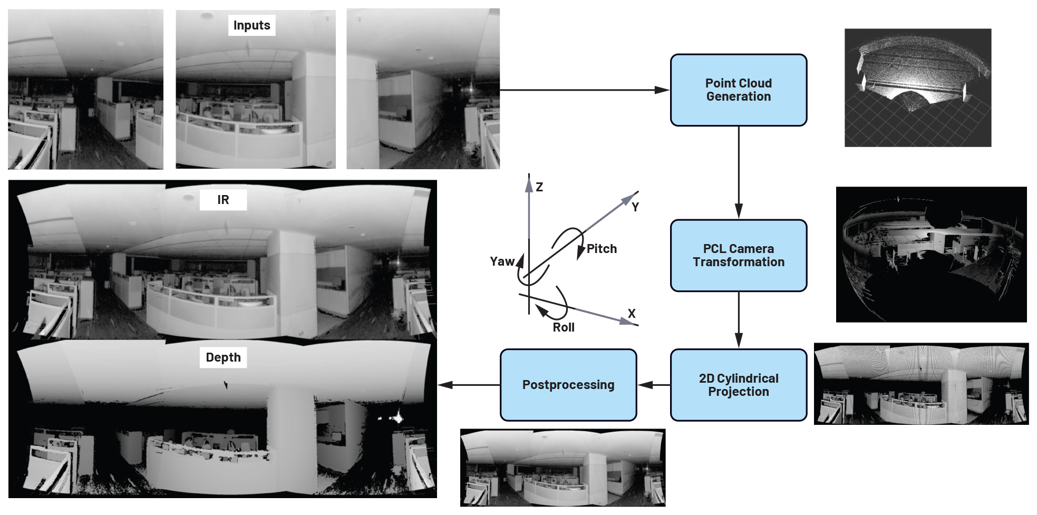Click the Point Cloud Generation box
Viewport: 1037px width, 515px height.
point(738,90)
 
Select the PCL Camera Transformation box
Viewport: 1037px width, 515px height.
point(738,256)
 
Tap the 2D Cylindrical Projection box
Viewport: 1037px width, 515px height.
point(738,385)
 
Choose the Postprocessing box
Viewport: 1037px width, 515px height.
point(568,385)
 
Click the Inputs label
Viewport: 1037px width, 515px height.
point(251,25)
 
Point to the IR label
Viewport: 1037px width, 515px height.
point(223,200)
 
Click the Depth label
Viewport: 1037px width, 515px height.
point(223,357)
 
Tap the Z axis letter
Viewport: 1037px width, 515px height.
point(539,187)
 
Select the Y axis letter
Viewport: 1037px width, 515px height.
point(635,207)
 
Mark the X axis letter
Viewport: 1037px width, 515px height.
point(632,314)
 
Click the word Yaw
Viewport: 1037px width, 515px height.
point(502,261)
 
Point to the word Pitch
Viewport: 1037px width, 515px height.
point(602,249)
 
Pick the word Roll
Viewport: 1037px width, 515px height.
point(564,327)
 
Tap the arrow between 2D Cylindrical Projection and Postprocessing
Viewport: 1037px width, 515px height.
point(654,385)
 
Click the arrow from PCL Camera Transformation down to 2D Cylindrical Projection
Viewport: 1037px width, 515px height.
point(739,319)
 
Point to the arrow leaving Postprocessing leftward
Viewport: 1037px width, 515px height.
point(468,385)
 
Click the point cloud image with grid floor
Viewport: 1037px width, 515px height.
point(917,88)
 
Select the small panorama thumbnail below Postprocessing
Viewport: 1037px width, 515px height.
point(563,468)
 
